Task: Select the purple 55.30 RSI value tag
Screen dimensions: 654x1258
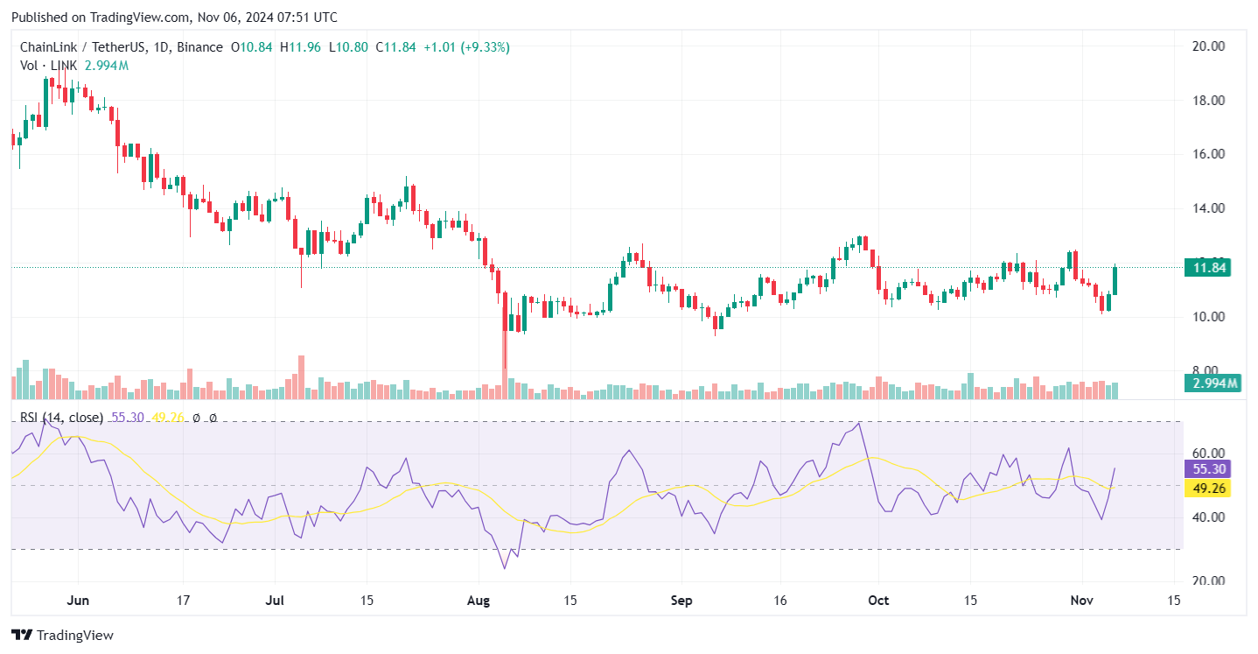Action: tap(1206, 468)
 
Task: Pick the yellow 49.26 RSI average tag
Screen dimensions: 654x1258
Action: tap(1206, 488)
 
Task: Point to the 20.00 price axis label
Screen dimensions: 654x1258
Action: tap(1208, 46)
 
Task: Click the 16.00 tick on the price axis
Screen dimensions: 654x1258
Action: tap(1208, 154)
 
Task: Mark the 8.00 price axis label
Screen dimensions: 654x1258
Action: tap(1208, 370)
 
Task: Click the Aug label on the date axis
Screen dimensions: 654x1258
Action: tap(479, 601)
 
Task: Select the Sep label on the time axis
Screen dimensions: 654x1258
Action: tap(681, 601)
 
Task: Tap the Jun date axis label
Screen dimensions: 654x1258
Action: tap(78, 601)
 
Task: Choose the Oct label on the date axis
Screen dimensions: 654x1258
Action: tap(878, 601)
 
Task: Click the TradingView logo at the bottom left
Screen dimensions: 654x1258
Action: tap(62, 635)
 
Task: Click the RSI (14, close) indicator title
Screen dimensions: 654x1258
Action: tap(61, 418)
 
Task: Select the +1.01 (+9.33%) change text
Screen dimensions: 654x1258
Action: tap(466, 47)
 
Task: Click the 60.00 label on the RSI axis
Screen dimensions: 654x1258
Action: tap(1207, 454)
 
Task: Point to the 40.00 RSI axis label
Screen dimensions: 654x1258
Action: tap(1207, 517)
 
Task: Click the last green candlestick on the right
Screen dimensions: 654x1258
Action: tap(1115, 280)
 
